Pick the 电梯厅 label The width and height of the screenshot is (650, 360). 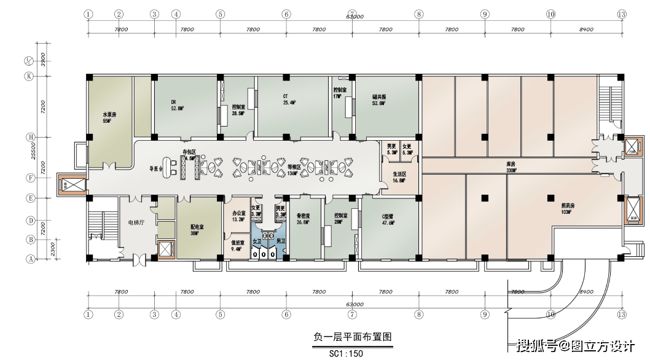point(135,222)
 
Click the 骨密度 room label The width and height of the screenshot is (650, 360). point(303,216)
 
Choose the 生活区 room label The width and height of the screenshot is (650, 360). point(399,174)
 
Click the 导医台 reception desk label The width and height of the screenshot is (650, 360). point(158,168)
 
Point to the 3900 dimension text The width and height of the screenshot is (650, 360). point(43,60)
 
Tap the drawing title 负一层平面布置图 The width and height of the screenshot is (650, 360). point(352,337)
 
